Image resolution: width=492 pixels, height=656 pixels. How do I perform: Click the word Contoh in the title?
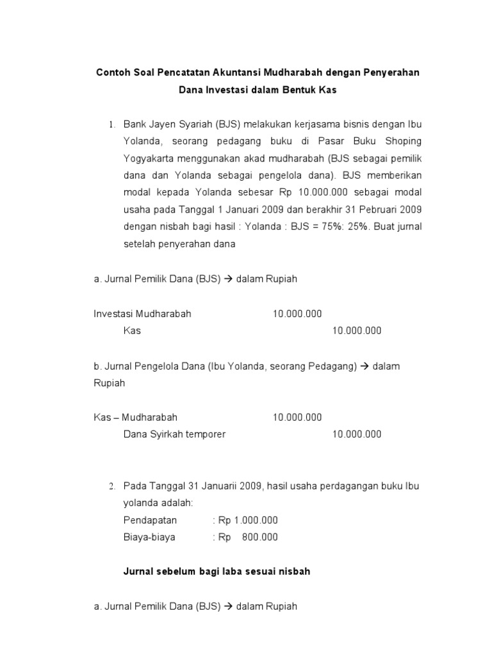(113, 72)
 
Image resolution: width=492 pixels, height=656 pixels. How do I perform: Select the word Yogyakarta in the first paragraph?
(151, 158)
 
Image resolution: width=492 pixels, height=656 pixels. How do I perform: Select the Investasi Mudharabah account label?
(142, 314)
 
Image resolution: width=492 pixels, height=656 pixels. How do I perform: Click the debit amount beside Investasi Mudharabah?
(297, 314)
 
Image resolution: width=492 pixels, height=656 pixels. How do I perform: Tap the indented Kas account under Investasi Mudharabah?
(132, 331)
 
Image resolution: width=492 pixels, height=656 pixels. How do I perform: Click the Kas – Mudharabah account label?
(135, 417)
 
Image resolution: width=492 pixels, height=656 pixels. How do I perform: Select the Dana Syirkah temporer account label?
(174, 434)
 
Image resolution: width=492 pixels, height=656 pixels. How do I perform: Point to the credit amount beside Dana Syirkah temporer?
(357, 434)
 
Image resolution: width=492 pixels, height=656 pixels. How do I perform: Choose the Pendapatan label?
(150, 520)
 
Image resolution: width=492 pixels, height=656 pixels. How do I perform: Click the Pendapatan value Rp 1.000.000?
(248, 520)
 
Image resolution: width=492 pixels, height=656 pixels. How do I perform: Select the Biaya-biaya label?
(149, 537)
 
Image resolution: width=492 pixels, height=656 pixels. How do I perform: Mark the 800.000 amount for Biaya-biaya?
(260, 537)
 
